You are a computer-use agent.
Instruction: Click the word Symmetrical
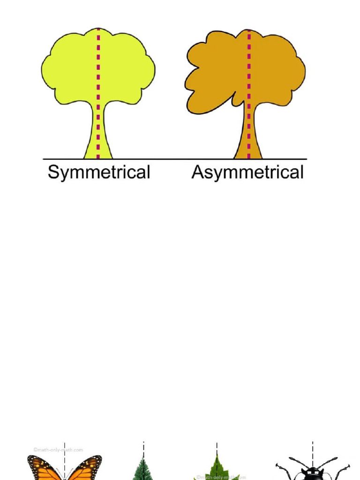[99, 173]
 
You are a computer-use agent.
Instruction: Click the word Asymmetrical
[247, 173]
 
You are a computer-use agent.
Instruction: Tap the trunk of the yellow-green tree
[98, 136]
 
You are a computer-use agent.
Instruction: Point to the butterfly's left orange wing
[44, 469]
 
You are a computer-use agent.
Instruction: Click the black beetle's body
[313, 473]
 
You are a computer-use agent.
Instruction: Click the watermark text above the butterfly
[58, 450]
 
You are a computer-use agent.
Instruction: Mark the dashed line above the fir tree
[143, 449]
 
